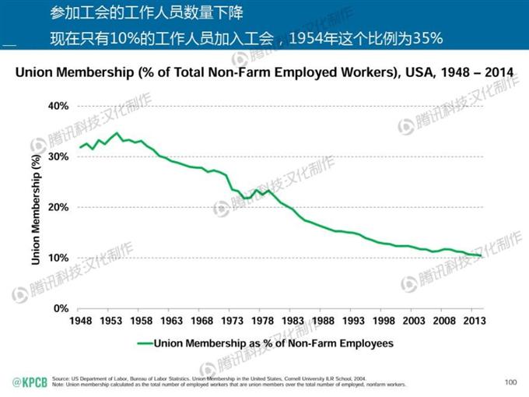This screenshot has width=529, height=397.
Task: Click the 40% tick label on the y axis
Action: [59, 106]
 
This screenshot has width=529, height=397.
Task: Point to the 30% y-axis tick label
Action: [59, 156]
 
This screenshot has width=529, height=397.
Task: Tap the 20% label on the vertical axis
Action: [59, 207]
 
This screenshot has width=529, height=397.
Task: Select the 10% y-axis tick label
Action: [59, 258]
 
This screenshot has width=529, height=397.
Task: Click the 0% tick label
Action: [62, 308]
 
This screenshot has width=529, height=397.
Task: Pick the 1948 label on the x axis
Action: [80, 321]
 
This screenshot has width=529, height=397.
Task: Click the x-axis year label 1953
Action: [110, 321]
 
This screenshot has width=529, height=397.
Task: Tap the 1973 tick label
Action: [232, 321]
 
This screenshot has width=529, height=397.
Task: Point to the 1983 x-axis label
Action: [293, 321]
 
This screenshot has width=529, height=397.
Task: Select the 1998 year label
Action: [384, 321]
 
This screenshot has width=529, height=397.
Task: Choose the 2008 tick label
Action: [444, 321]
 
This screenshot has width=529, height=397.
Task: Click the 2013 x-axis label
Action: [475, 321]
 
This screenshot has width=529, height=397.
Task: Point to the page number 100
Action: [510, 382]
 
